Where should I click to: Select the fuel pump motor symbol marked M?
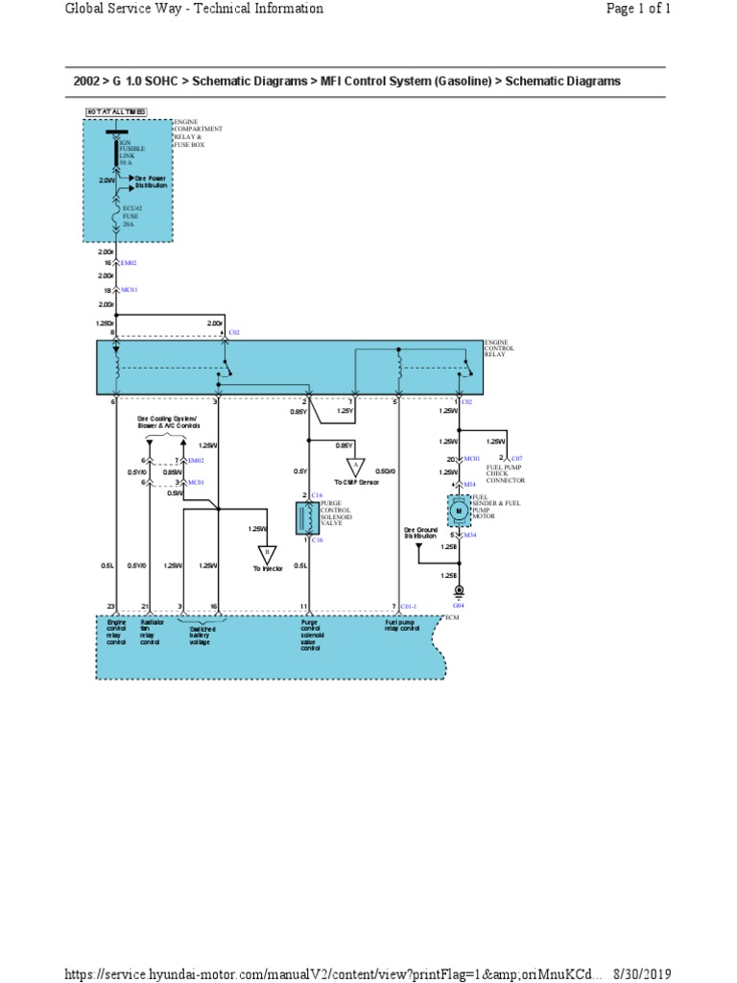459,511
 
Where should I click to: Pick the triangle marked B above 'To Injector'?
267,554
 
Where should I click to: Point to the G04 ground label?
459,607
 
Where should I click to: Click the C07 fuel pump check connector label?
516,459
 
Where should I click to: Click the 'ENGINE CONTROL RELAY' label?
500,348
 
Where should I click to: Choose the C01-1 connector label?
409,607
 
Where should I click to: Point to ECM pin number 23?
111,607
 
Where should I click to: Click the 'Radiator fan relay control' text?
150,633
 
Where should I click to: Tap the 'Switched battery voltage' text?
202,635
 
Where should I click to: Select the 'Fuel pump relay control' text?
402,626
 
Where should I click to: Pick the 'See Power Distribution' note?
150,181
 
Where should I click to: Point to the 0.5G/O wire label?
385,471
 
